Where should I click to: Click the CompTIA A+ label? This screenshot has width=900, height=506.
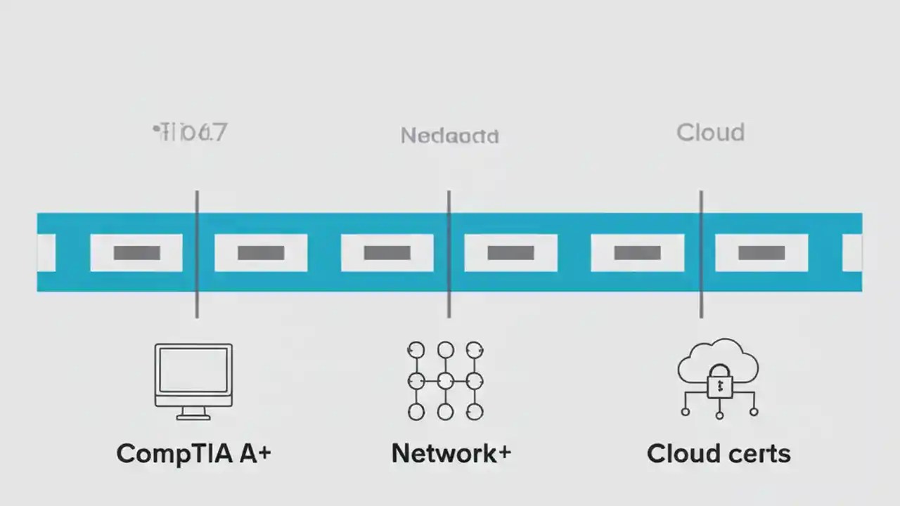193,453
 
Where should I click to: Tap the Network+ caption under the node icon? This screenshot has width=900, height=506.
451,453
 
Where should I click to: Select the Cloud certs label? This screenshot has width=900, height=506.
719,453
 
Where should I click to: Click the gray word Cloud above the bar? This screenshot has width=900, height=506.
710,133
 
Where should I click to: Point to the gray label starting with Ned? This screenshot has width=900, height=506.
449,136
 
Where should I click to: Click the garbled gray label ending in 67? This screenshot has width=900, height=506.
191,132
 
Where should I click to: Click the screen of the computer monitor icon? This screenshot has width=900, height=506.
193,370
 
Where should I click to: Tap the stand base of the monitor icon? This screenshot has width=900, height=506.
193,417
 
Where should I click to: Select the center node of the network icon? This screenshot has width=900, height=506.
445,381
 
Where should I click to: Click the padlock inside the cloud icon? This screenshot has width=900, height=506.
719,383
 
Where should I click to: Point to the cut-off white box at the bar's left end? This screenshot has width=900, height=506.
46,253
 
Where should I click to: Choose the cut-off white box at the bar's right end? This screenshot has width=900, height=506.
852,253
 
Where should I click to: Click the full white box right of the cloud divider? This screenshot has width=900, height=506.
761,253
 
